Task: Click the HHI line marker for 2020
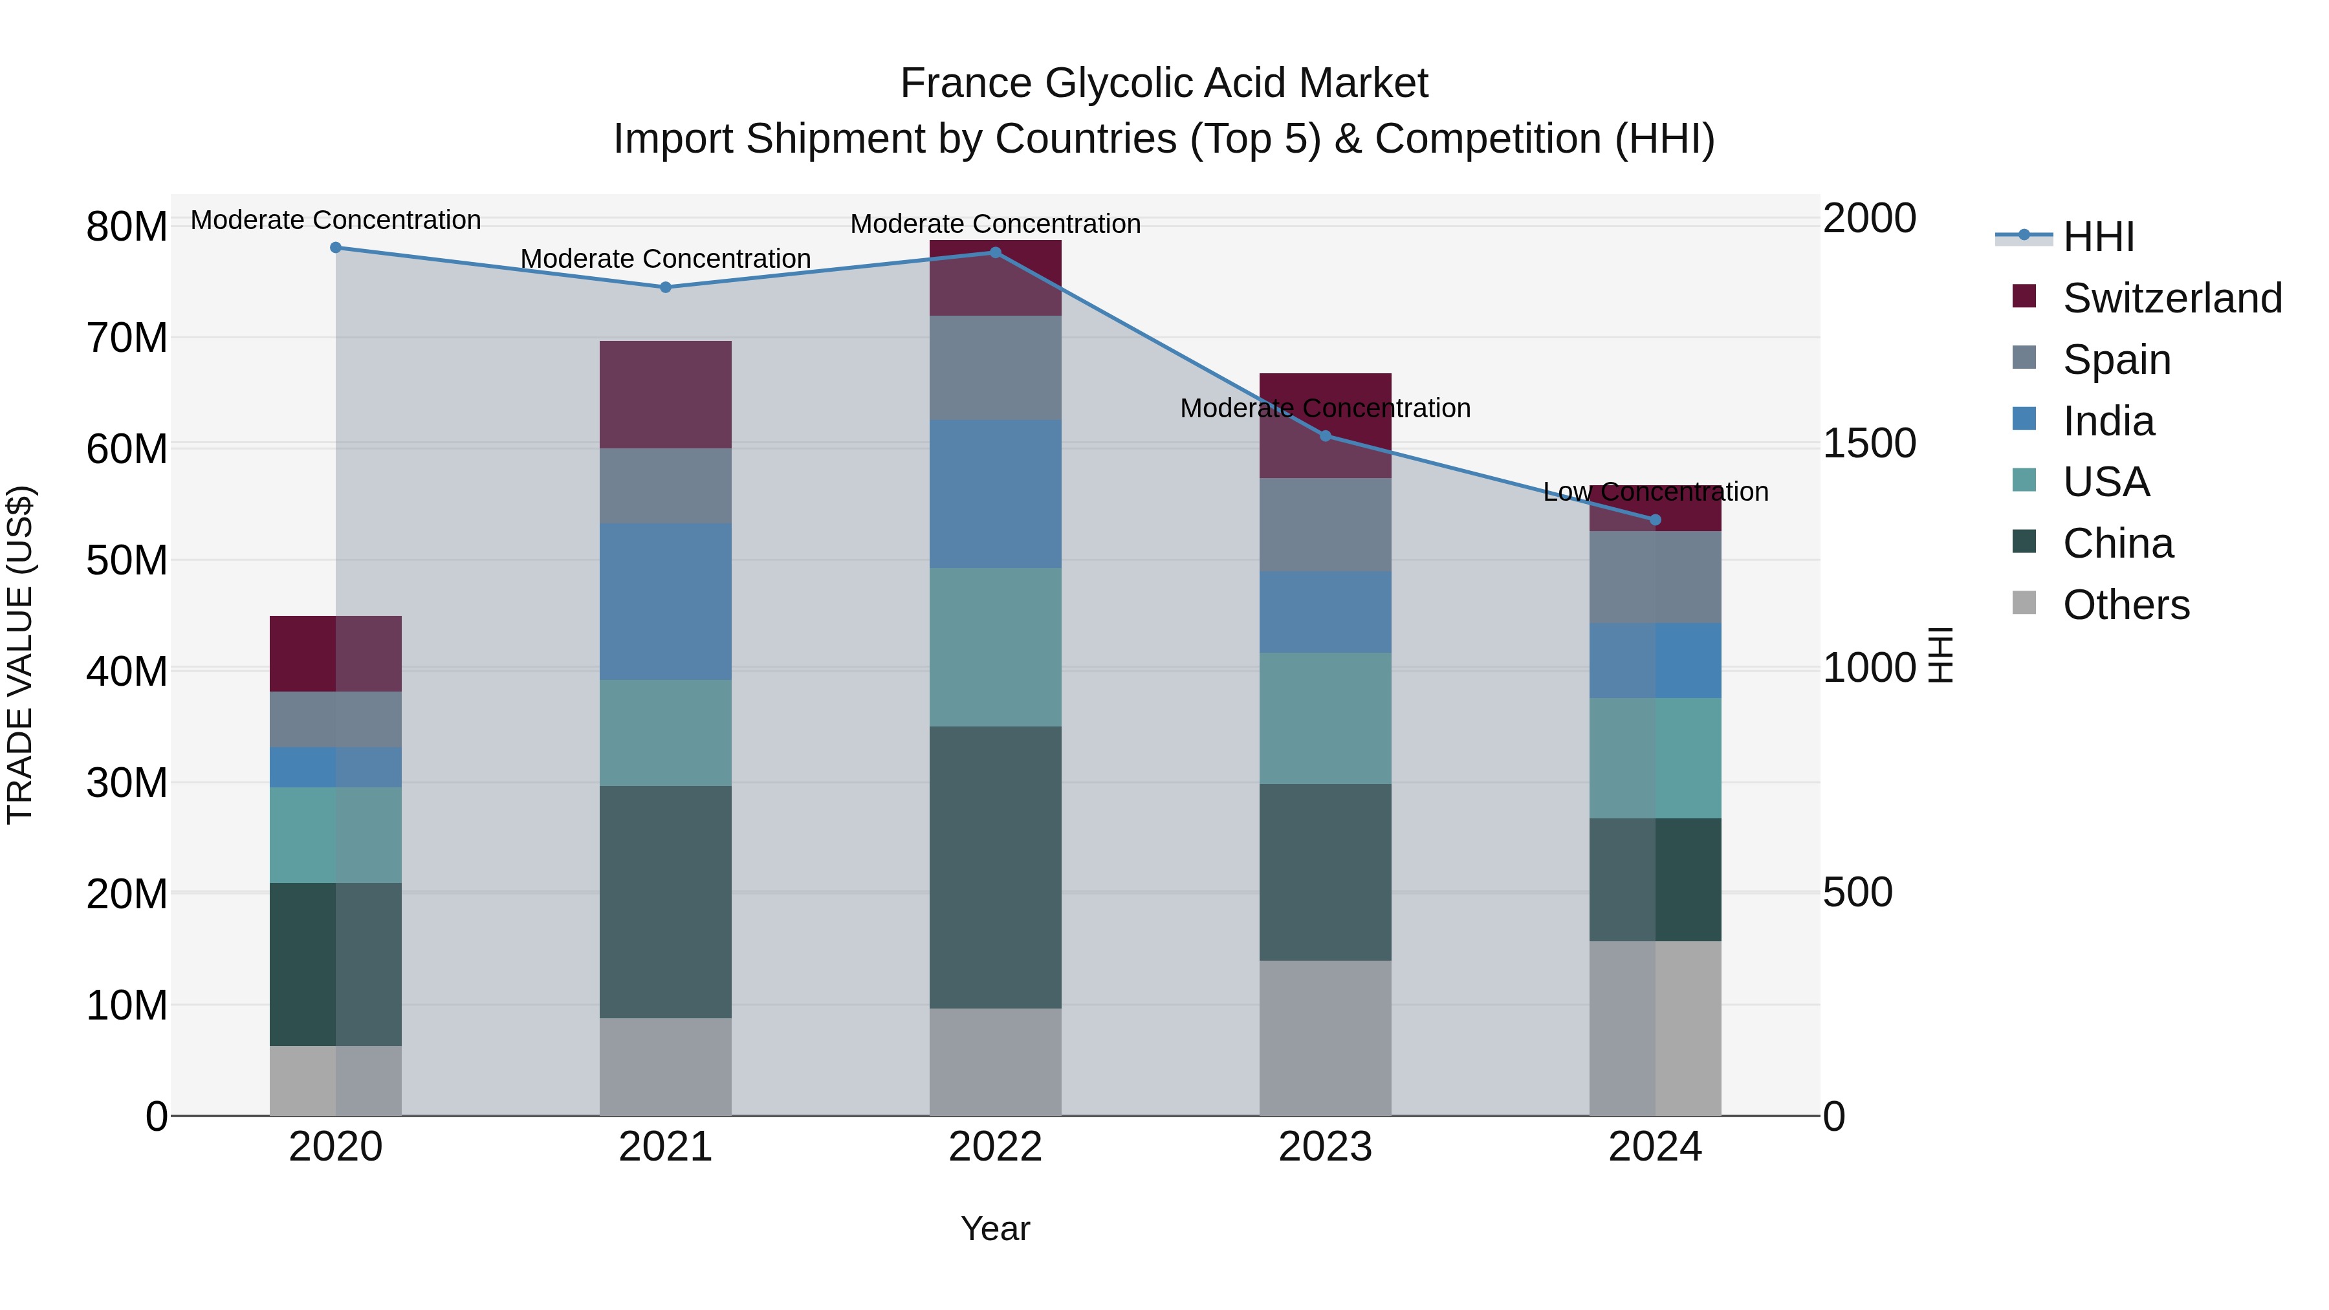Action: click(x=335, y=248)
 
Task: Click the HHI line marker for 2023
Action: click(x=1326, y=436)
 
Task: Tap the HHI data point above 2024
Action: click(x=1656, y=520)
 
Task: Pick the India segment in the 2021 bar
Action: click(x=666, y=601)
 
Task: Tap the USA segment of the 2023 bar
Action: click(x=1326, y=718)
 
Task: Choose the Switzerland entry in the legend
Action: click(x=2172, y=298)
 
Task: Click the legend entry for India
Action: click(x=2108, y=421)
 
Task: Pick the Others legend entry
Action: click(x=2126, y=605)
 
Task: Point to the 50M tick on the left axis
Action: click(x=127, y=560)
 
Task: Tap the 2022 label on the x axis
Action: click(x=996, y=1147)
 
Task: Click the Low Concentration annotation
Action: click(x=1656, y=492)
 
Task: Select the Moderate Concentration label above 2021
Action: click(x=666, y=259)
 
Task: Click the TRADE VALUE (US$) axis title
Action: click(x=20, y=655)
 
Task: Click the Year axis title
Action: click(x=996, y=1228)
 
